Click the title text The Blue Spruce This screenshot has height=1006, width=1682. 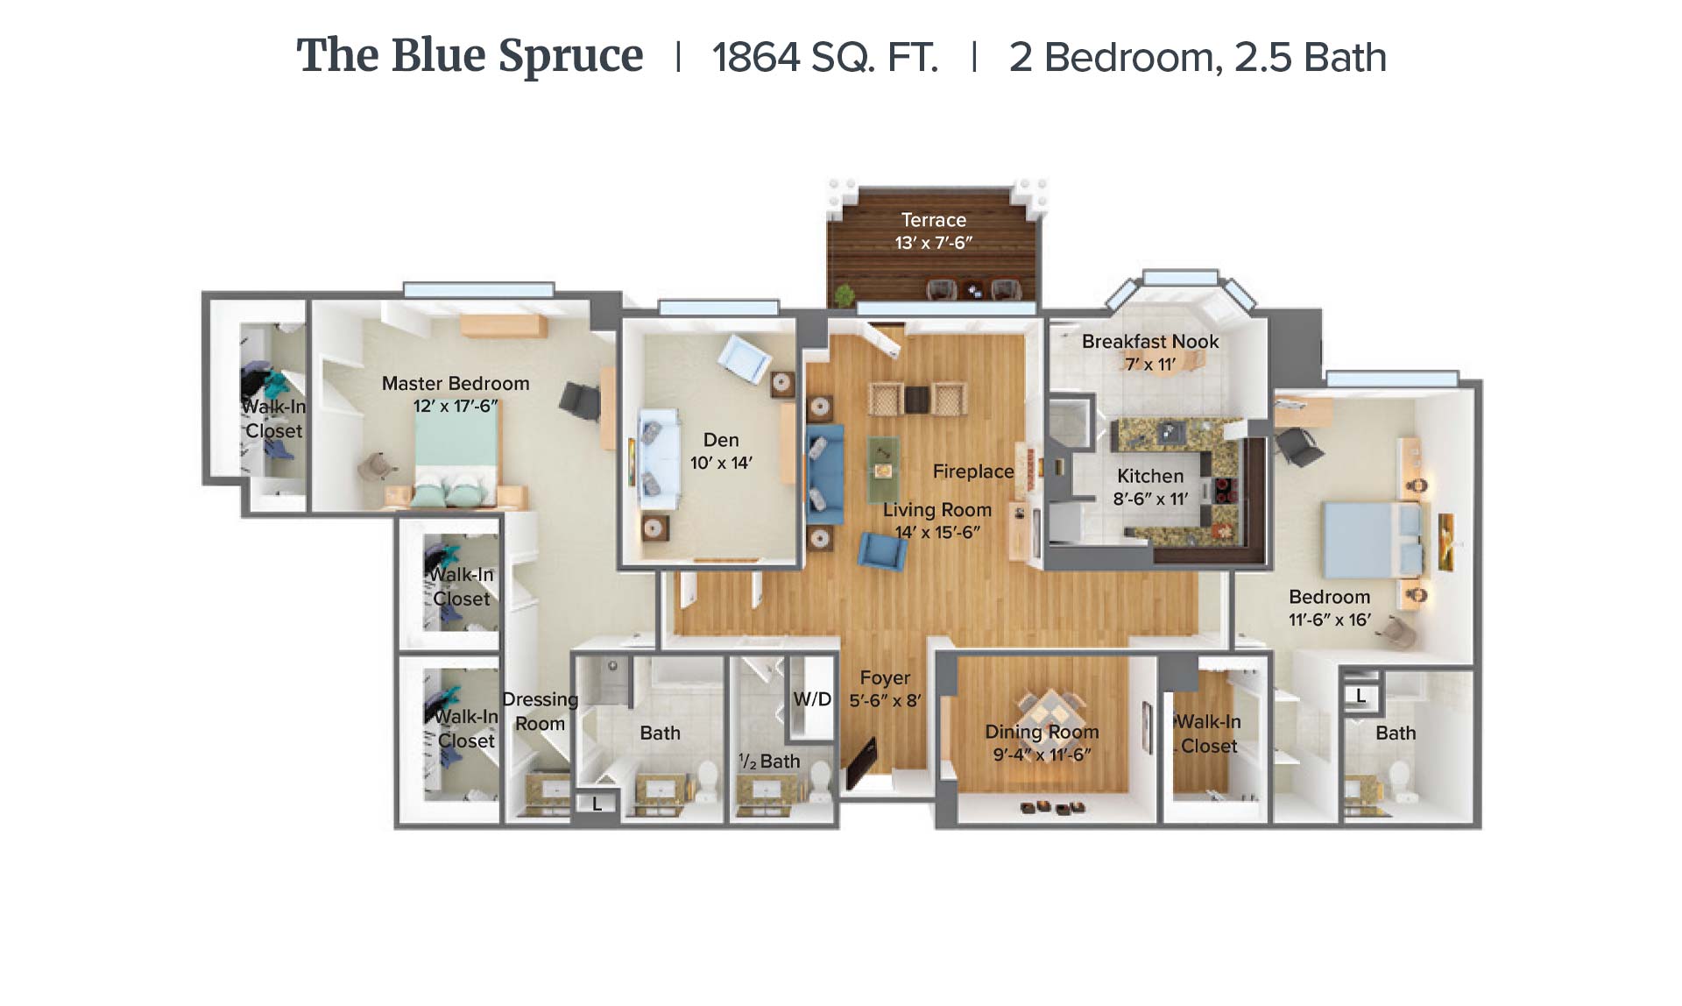tap(470, 57)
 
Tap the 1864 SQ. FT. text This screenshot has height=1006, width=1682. tap(824, 58)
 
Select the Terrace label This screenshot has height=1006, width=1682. tap(934, 220)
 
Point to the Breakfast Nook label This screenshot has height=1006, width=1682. tap(1150, 342)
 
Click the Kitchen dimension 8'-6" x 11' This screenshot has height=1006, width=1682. tap(1150, 499)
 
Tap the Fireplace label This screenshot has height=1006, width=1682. tap(973, 471)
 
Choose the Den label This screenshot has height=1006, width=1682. tap(721, 440)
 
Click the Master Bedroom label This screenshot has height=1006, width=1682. tap(456, 383)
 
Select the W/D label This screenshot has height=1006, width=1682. tap(812, 699)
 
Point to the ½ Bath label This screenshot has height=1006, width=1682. tap(769, 762)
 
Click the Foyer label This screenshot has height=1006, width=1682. tap(885, 677)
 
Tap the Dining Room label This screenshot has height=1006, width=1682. tap(1042, 732)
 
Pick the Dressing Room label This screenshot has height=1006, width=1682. tap(540, 712)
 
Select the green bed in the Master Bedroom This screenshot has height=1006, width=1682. tap(456, 458)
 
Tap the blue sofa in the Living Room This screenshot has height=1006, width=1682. tap(824, 474)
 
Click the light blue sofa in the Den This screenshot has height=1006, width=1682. tap(659, 458)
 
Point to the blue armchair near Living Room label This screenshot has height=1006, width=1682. tap(882, 551)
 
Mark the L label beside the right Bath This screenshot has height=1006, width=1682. tap(1360, 697)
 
